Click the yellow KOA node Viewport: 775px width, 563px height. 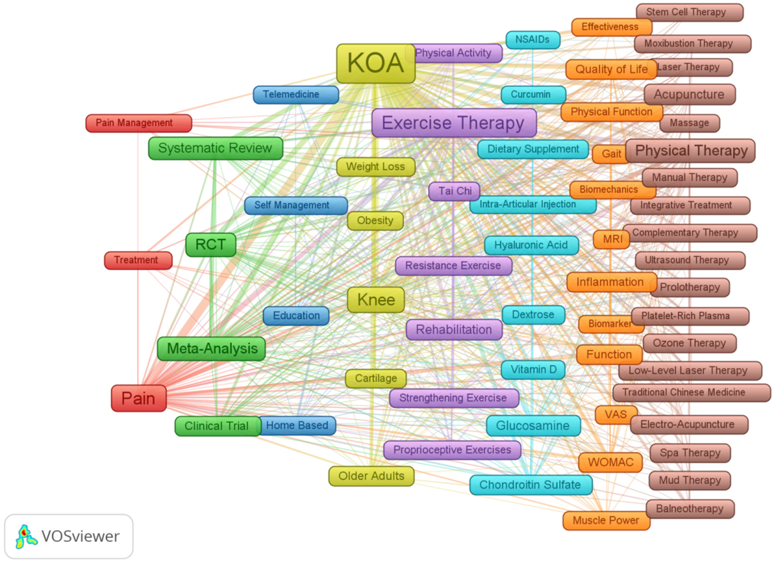click(375, 63)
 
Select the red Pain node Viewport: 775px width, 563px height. click(138, 398)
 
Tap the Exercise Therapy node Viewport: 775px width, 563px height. click(454, 123)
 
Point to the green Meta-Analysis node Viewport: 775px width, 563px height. click(212, 348)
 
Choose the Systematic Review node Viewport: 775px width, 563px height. click(215, 148)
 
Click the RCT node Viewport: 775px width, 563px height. click(210, 244)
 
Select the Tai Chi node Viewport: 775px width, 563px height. click(454, 191)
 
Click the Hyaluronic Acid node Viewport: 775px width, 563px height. click(531, 245)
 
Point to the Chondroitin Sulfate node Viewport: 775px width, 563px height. click(530, 485)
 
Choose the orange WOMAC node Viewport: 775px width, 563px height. click(610, 462)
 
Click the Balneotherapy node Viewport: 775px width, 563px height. click(690, 509)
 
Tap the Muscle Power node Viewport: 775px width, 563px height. click(606, 520)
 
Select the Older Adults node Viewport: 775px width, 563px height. click(371, 476)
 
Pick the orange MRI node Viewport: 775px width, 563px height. click(611, 239)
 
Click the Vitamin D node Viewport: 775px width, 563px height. click(533, 370)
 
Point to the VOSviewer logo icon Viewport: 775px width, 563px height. click(26, 536)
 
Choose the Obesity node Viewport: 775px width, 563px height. click(375, 221)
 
